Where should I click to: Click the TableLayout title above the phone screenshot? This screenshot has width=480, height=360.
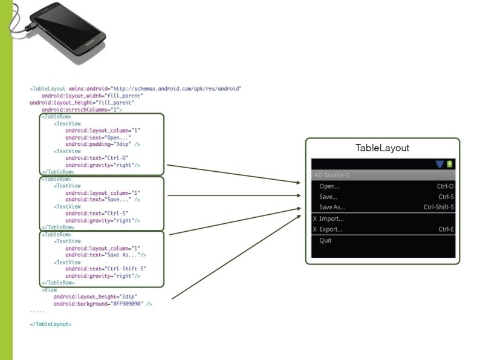[382, 148]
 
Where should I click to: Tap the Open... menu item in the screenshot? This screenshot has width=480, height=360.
[329, 186]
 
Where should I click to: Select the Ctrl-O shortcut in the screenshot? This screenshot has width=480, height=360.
[446, 186]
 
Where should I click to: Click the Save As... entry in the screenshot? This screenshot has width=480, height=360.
[332, 208]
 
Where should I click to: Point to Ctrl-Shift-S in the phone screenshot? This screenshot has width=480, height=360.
[438, 208]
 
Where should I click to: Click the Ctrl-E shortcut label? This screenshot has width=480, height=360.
[446, 229]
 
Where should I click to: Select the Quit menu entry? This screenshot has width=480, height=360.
[325, 240]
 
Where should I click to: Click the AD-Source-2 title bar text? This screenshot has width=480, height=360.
[331, 175]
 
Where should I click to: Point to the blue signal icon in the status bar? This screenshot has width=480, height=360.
[439, 164]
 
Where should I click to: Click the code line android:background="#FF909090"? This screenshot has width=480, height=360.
[103, 304]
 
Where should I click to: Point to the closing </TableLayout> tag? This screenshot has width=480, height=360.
[51, 324]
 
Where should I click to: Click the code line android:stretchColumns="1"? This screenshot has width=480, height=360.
[82, 110]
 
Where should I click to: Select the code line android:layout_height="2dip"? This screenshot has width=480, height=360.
[95, 296]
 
